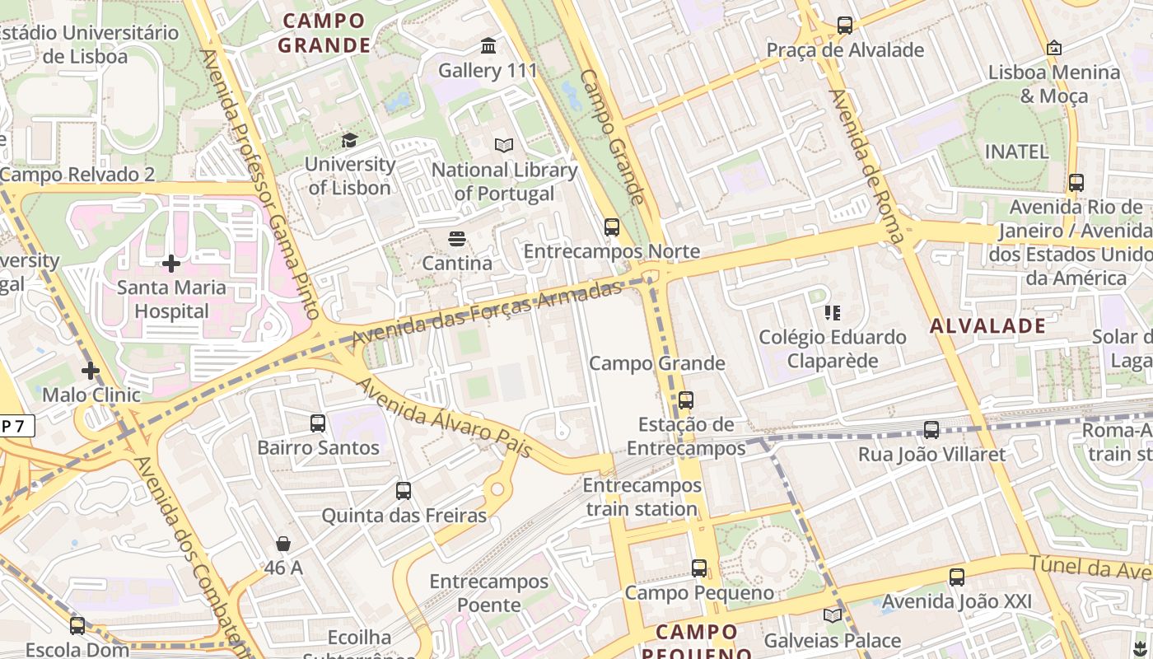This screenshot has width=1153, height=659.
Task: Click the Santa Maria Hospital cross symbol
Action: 171,264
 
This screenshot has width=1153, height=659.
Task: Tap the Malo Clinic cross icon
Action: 91,371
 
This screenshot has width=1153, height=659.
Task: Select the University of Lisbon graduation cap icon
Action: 349,140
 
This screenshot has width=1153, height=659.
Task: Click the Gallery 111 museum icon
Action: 488,46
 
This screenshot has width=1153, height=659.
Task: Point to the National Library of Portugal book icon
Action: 504,145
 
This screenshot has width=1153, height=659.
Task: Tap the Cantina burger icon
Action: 457,239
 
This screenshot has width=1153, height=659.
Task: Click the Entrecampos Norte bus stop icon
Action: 611,227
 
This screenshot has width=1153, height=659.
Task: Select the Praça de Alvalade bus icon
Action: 845,26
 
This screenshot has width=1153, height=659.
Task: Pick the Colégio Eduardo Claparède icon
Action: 833,313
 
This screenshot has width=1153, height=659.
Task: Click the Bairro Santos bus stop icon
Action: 318,423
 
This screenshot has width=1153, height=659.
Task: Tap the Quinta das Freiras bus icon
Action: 404,491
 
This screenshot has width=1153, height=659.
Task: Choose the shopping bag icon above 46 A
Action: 283,544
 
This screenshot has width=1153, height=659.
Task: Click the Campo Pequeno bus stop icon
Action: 699,568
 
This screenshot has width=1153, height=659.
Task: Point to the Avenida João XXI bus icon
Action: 956,577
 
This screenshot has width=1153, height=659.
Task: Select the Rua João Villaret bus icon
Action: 931,429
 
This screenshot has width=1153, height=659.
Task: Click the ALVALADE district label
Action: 988,326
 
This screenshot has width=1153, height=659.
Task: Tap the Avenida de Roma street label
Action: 867,166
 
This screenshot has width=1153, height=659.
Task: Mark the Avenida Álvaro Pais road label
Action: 445,419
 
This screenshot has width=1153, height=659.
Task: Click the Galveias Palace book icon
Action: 833,615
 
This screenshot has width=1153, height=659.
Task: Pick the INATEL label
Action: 1017,152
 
